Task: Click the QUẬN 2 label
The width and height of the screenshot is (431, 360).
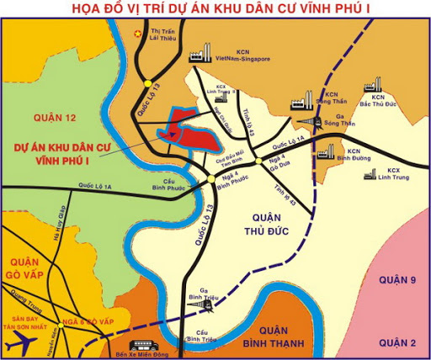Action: pos(398,341)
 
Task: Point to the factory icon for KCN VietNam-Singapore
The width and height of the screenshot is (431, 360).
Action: pos(200,57)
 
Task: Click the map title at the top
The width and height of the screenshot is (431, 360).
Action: pos(215,10)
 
